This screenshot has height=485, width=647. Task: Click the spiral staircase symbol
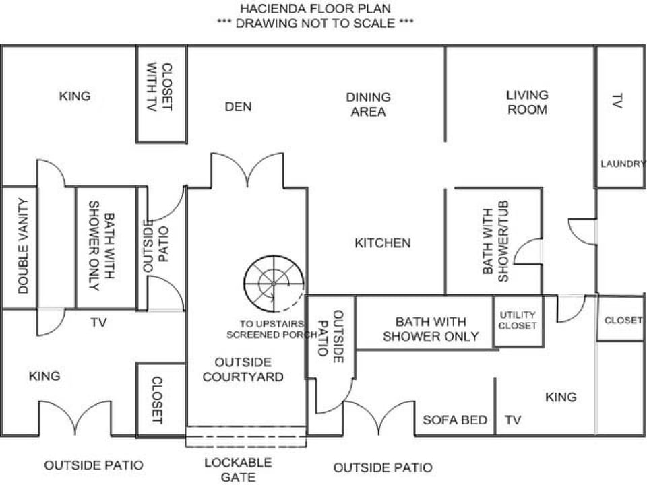tap(274, 284)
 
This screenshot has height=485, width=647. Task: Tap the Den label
tap(238, 107)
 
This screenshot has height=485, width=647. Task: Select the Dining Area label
tap(369, 104)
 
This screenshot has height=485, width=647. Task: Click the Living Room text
tap(527, 102)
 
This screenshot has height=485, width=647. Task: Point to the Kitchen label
tap(383, 243)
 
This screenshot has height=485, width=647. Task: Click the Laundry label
tap(622, 164)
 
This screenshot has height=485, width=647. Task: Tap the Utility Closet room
tap(518, 321)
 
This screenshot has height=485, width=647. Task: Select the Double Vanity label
tap(23, 246)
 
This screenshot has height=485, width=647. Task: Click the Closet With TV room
tap(162, 94)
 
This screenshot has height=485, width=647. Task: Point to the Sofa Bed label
tap(455, 420)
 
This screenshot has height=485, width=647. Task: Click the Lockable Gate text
tap(238, 470)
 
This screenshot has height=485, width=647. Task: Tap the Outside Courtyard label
tap(243, 370)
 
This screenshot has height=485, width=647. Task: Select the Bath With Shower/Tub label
tap(495, 241)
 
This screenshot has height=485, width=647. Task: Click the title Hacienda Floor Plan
tap(315, 8)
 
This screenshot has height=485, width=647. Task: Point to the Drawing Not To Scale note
tap(315, 23)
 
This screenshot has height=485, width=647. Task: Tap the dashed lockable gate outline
tap(247, 437)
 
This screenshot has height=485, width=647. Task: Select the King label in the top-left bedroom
tap(75, 96)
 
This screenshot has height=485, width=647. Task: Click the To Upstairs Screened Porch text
tap(272, 329)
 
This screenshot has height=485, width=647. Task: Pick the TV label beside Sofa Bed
tap(513, 420)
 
